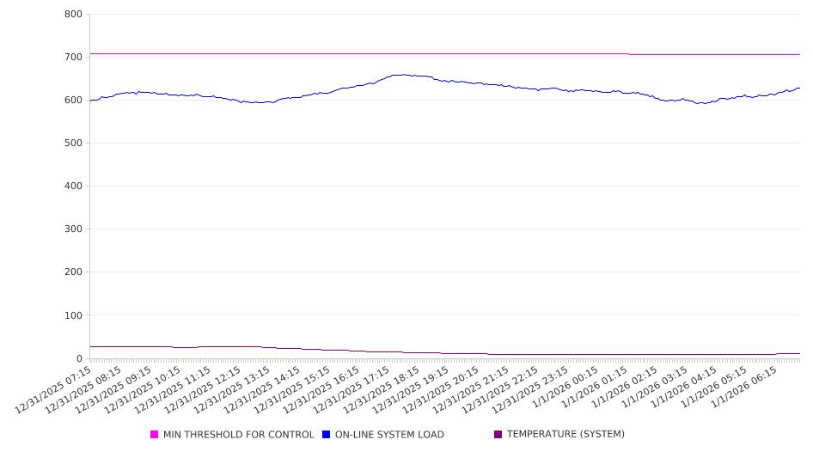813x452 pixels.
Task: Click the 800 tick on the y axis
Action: click(x=72, y=15)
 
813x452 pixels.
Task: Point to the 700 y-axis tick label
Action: click(x=72, y=58)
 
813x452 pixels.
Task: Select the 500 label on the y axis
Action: click(x=72, y=144)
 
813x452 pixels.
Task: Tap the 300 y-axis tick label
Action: click(x=72, y=229)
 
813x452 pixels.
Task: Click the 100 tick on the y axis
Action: click(x=72, y=315)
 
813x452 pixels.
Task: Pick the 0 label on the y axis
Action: click(x=77, y=358)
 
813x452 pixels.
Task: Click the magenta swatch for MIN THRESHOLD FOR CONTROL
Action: click(x=155, y=435)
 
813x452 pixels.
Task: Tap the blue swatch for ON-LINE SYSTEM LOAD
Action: click(x=327, y=435)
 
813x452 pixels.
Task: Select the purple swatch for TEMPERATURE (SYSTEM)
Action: click(x=498, y=435)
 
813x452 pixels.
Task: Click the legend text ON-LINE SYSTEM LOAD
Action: click(x=389, y=435)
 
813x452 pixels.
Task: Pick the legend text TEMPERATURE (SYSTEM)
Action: click(x=565, y=435)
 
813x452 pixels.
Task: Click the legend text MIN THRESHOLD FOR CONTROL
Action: click(x=238, y=435)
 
